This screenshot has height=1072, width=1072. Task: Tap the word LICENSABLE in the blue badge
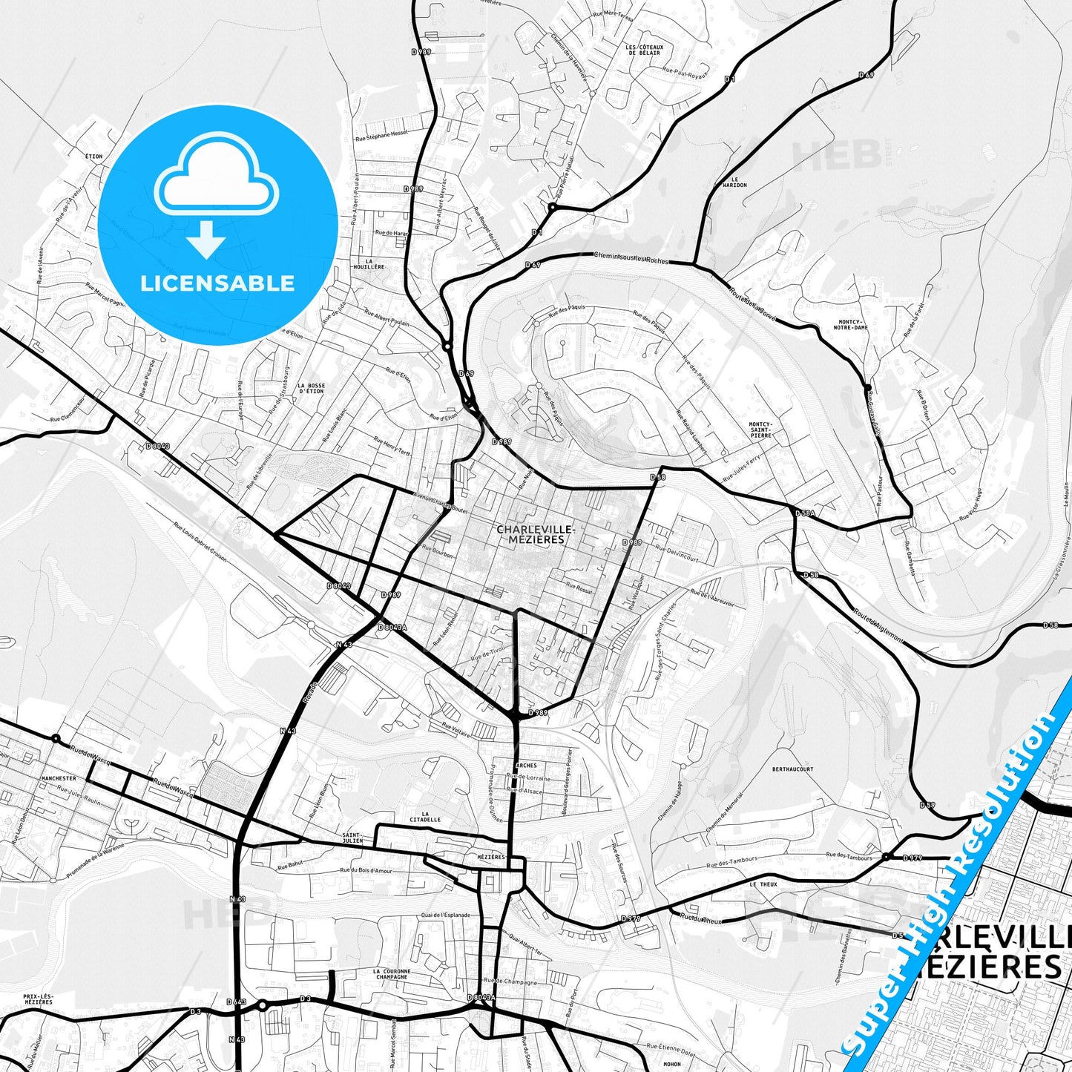217,283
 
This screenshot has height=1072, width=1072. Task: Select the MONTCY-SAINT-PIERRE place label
760,430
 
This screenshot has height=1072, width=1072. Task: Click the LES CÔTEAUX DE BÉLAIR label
644,50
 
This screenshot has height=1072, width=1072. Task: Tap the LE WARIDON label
738,182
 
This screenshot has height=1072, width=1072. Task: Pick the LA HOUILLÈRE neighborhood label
369,264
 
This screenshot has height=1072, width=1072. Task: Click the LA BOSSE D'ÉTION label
311,388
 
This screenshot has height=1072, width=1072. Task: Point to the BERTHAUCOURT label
792,769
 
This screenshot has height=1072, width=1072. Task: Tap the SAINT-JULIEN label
352,838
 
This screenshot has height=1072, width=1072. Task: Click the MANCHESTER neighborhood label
59,779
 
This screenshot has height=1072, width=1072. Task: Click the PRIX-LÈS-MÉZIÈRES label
38,999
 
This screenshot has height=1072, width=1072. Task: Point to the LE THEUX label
763,884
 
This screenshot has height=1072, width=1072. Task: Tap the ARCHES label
525,765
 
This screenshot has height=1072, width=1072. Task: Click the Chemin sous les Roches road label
631,257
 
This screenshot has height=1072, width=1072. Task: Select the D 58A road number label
805,513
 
